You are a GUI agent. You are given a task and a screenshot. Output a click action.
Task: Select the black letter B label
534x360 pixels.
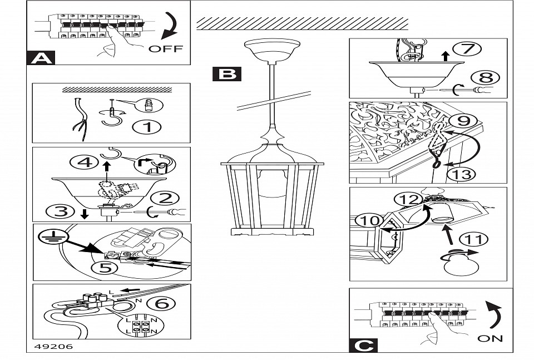[x=227, y=74]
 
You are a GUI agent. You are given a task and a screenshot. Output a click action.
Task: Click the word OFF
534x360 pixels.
[x=165, y=48]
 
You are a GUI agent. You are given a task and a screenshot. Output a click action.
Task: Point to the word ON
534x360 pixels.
[x=489, y=338]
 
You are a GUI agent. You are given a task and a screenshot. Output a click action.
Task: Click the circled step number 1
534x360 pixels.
[x=147, y=127]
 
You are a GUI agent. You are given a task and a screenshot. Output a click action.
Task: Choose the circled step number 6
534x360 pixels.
[x=165, y=303]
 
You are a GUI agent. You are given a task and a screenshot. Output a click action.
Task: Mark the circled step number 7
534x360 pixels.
[x=467, y=48]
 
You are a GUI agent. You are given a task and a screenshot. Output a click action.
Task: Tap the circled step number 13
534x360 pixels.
[x=461, y=174]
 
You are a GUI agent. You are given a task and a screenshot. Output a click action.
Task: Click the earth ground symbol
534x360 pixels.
[x=49, y=238]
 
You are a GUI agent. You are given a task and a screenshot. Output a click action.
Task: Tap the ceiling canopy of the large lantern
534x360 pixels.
[x=271, y=51]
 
